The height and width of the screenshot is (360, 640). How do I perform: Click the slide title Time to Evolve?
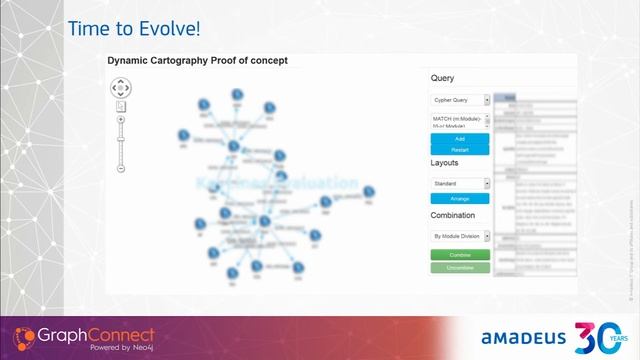tap(127, 29)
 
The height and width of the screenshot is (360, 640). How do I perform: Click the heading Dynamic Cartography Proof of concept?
tap(198, 61)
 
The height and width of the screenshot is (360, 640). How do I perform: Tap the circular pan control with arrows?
tap(120, 87)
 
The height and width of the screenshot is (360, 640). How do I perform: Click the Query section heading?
tap(442, 78)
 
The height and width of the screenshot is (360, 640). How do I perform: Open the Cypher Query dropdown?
tap(460, 100)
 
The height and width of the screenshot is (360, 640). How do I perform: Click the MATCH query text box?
tap(459, 121)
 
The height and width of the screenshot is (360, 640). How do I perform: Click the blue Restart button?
tap(459, 149)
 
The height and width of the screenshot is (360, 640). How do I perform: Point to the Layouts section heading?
tap(446, 162)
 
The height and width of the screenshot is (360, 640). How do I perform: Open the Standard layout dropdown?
tap(460, 184)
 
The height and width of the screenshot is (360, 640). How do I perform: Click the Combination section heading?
tap(453, 215)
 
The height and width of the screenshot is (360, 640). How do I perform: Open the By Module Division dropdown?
tap(460, 237)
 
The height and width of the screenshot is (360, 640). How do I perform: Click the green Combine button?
tap(459, 255)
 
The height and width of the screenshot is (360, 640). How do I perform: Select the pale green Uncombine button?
tap(459, 267)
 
